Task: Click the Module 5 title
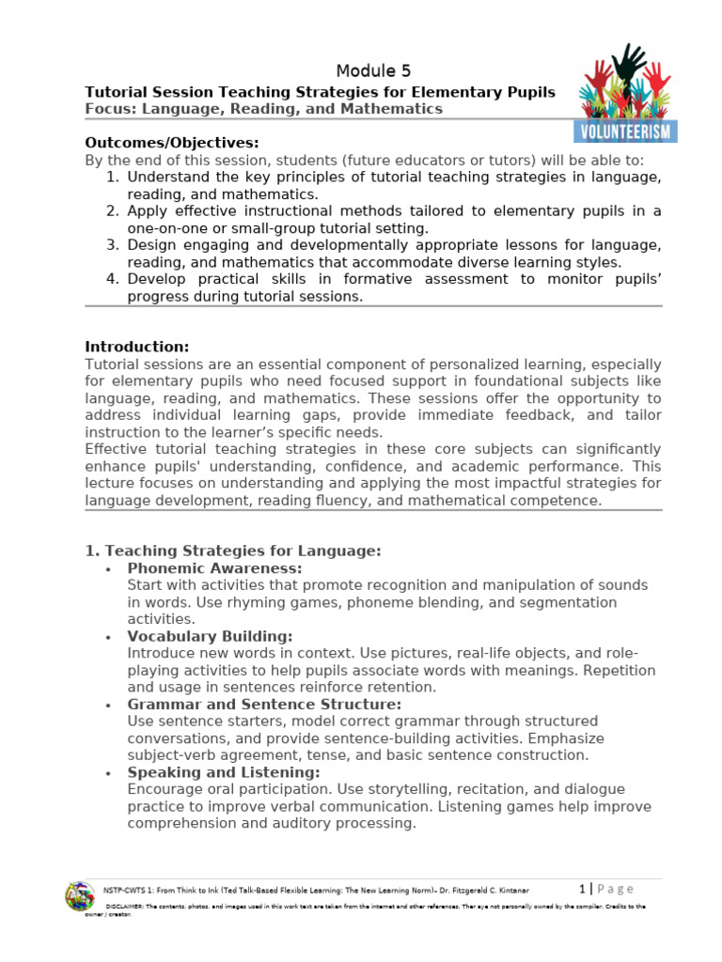pyautogui.click(x=373, y=71)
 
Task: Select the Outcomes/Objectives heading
pyautogui.click(x=171, y=143)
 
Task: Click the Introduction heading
pyautogui.click(x=137, y=347)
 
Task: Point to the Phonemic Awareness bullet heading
pyautogui.click(x=214, y=568)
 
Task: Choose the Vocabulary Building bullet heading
pyautogui.click(x=210, y=636)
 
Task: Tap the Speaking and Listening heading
pyautogui.click(x=224, y=772)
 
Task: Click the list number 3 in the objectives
pyautogui.click(x=111, y=245)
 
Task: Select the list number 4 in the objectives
pyautogui.click(x=111, y=279)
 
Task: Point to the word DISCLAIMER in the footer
pyautogui.click(x=123, y=907)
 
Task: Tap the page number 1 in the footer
pyautogui.click(x=583, y=889)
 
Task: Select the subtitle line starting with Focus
pyautogui.click(x=263, y=109)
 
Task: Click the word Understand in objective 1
pyautogui.click(x=166, y=177)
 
